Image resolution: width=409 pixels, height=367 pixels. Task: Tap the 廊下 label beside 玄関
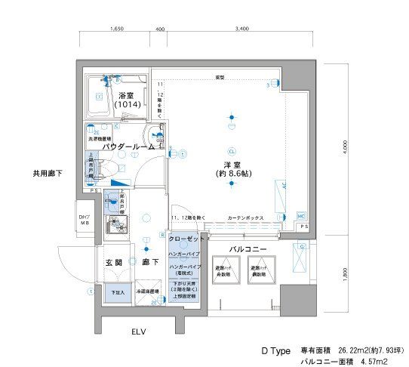point(149,262)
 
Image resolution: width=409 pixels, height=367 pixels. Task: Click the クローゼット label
point(186,239)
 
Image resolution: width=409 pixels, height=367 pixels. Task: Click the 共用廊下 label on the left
point(47,173)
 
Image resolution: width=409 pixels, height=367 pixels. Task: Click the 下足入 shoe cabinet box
point(117,292)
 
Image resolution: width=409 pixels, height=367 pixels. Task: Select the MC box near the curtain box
point(300,214)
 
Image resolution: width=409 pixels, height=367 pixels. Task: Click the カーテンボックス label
point(245,217)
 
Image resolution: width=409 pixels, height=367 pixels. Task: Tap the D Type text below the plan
point(275,351)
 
